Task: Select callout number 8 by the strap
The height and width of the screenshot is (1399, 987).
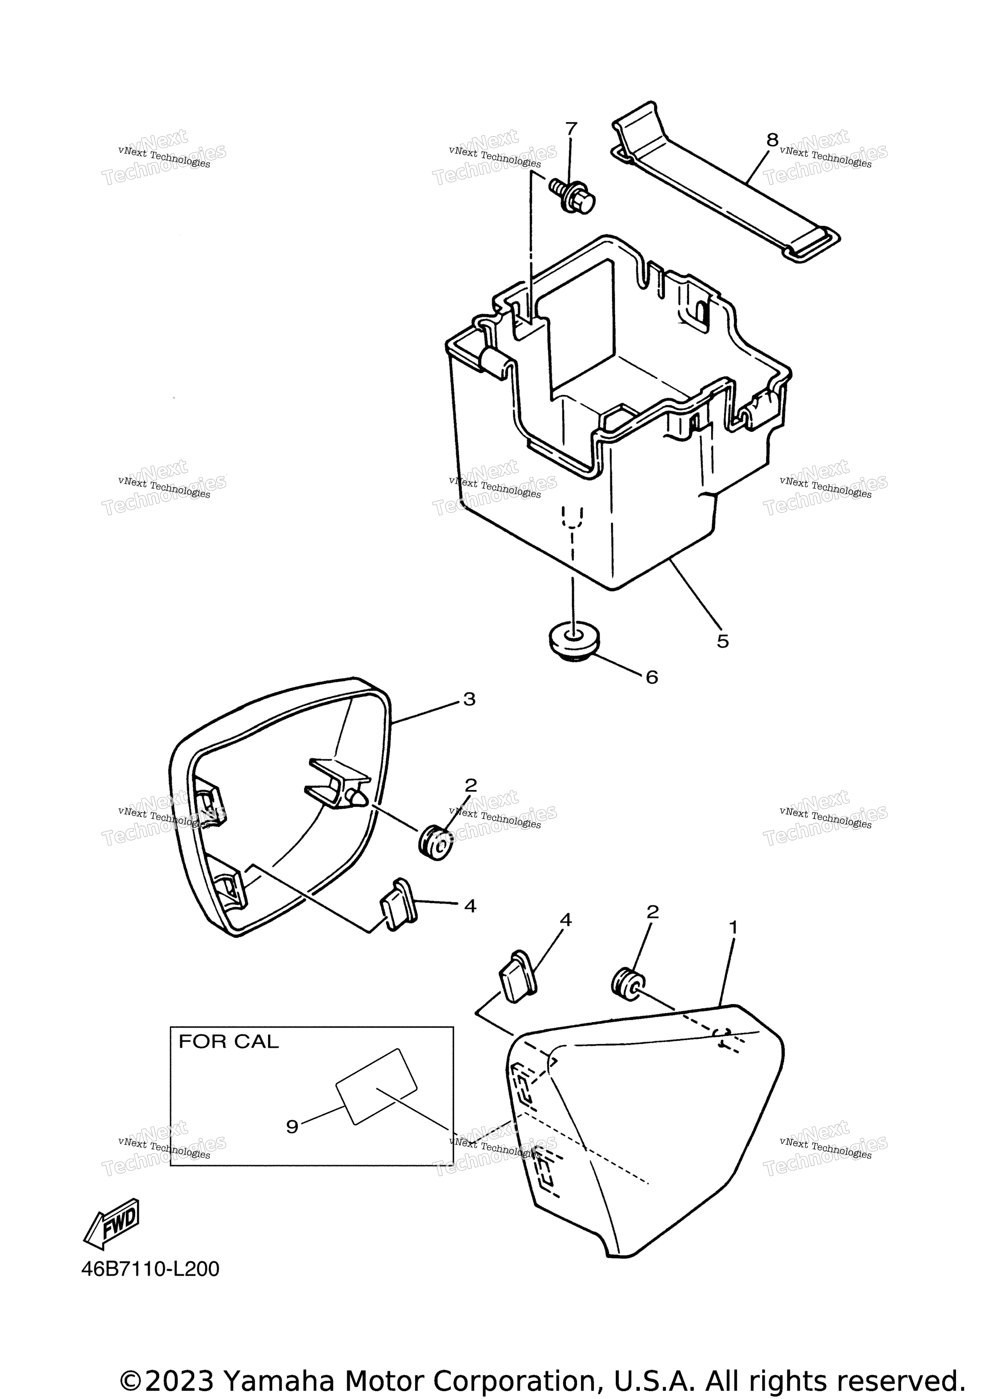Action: click(x=772, y=140)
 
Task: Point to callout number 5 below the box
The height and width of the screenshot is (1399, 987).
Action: click(x=722, y=641)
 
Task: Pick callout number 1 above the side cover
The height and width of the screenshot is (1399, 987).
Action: click(x=733, y=927)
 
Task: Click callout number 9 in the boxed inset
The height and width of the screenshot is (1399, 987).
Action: click(x=292, y=1127)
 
